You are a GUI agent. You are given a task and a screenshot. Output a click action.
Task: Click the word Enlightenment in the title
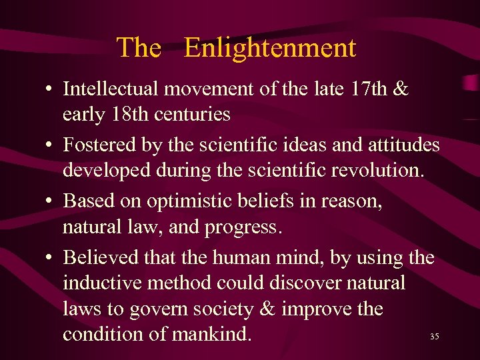point(269,48)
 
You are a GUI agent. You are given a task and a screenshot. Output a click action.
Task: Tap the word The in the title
point(139,48)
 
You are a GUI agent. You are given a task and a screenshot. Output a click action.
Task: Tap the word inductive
point(104,283)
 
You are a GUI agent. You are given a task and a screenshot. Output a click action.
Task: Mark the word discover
point(307,283)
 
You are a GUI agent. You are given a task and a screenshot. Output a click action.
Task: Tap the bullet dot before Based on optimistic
point(51,201)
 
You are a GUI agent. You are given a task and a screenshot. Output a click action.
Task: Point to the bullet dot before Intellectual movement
point(51,88)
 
